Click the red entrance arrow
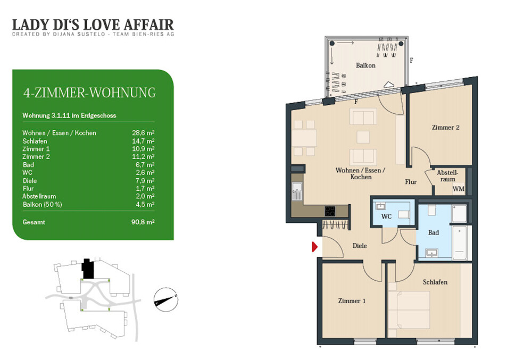(314, 247)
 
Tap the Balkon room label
(365, 65)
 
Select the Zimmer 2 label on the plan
(445, 128)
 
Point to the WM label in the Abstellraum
(459, 189)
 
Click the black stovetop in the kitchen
(330, 211)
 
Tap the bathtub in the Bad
(460, 242)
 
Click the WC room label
(386, 216)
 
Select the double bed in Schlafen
(409, 309)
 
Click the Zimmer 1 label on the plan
(352, 300)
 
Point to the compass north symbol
(166, 299)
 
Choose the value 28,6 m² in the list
(143, 133)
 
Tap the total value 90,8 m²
(143, 222)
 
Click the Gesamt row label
(34, 222)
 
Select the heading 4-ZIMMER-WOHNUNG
(89, 93)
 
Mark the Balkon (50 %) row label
(42, 204)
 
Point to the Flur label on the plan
(411, 182)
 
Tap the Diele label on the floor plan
(360, 246)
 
